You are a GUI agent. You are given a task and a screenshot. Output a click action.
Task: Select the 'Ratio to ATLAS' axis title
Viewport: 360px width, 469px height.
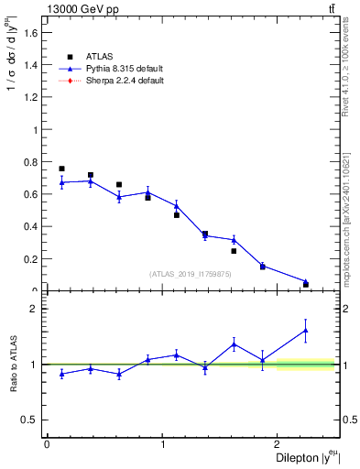14,365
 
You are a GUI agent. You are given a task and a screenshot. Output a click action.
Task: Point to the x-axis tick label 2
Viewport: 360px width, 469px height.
280,444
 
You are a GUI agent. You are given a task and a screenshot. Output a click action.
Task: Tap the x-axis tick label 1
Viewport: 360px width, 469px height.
163,444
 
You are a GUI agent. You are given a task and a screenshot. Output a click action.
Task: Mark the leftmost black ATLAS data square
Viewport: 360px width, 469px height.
61,169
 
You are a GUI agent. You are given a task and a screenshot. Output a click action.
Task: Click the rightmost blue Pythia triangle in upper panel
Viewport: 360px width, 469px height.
306,281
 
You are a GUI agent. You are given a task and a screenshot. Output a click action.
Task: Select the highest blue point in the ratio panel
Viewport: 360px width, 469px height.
306,330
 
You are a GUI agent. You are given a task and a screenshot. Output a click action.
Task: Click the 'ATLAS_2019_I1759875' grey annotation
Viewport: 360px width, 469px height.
191,273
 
